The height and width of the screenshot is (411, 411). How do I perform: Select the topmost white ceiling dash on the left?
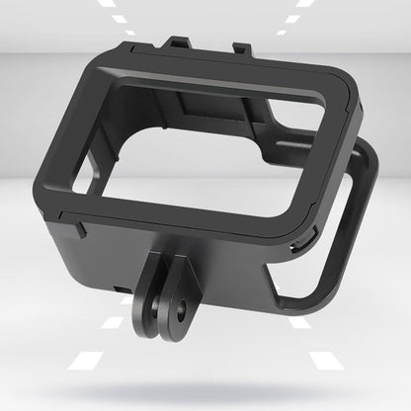(106, 4)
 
